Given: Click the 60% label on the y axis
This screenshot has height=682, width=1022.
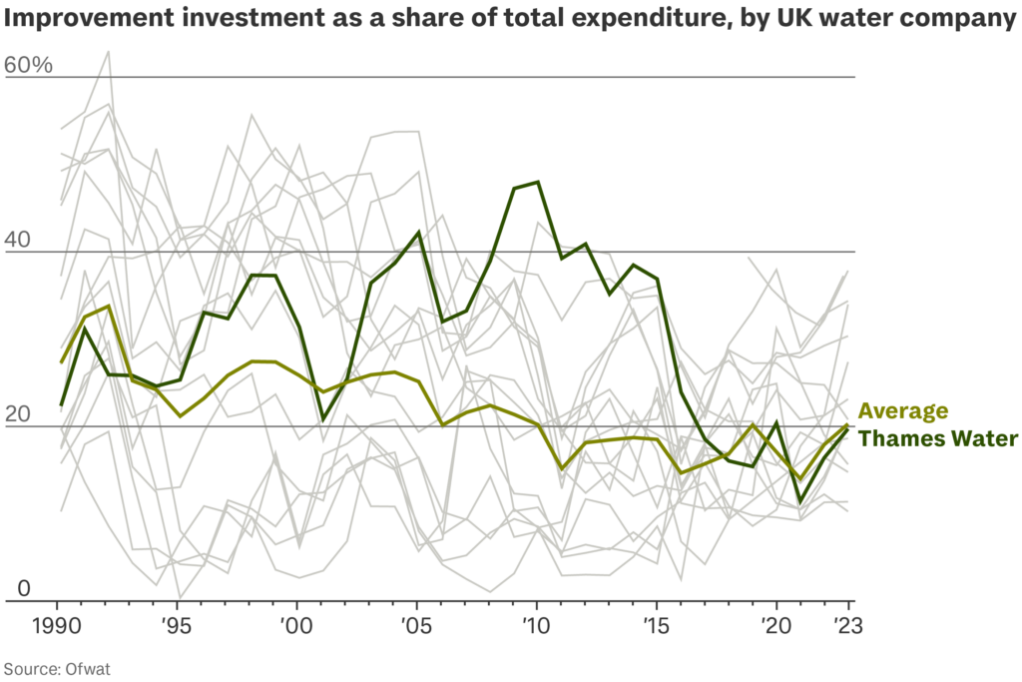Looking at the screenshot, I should [x=28, y=66].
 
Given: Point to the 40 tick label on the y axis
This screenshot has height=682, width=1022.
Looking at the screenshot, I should [x=20, y=241].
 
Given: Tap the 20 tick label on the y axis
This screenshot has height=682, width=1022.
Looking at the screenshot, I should [x=20, y=415].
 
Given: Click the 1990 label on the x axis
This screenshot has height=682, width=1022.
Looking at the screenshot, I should [x=57, y=627].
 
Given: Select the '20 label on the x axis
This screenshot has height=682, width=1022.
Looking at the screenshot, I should [x=776, y=627].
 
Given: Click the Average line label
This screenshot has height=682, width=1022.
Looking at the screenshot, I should [x=903, y=411].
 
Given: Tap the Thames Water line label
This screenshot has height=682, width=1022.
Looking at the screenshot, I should [x=938, y=438].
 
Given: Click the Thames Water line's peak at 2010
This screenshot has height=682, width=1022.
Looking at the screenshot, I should [x=538, y=182].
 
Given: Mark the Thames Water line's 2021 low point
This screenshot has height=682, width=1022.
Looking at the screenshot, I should [x=800, y=502].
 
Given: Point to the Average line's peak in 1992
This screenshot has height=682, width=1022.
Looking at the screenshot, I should [x=108, y=306].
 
